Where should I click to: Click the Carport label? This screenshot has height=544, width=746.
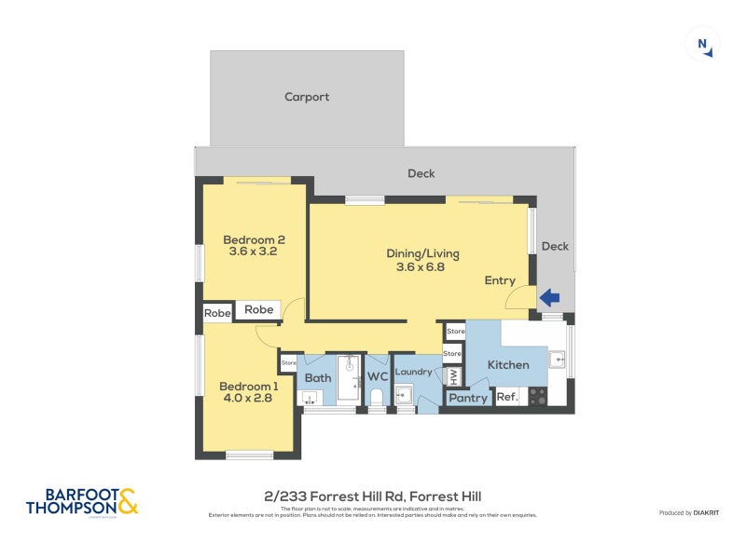pos(307,97)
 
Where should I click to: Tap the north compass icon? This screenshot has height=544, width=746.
pos(701,44)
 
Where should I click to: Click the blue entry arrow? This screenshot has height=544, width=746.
pos(549,298)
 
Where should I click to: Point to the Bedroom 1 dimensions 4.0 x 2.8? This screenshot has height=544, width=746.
pos(250,400)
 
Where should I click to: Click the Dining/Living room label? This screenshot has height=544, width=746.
pos(422,253)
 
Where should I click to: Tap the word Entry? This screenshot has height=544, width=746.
pos(500,280)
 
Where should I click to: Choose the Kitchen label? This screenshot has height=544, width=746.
pos(508,365)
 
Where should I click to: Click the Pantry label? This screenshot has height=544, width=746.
pos(468,398)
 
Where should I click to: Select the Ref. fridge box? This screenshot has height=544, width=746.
pos(506,398)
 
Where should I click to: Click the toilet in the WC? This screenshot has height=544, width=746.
pos(377,399)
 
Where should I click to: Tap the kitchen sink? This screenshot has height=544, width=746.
pos(558,357)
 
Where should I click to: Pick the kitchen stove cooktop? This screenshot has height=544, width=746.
pos(537,396)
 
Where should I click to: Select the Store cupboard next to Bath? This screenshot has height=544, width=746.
pos(289,362)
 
